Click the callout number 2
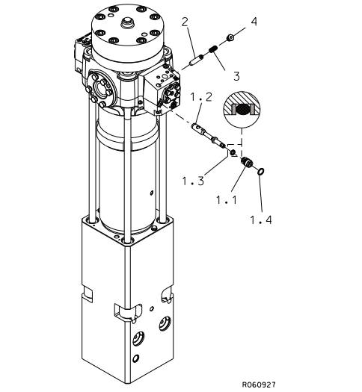click(185, 22)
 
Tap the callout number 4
click(254, 22)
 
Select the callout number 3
click(236, 76)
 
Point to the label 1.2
click(201, 97)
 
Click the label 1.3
click(193, 181)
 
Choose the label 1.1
click(227, 200)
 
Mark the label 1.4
click(261, 220)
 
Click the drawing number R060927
click(259, 385)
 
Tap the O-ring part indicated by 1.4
click(260, 172)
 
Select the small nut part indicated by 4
click(230, 38)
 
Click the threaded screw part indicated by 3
click(213, 49)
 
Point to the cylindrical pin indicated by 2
click(197, 60)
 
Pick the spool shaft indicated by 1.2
click(209, 135)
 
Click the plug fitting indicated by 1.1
click(247, 162)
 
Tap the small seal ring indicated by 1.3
click(233, 152)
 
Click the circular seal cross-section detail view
click(242, 110)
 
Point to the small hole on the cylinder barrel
click(151, 193)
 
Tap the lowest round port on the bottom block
click(135, 358)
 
